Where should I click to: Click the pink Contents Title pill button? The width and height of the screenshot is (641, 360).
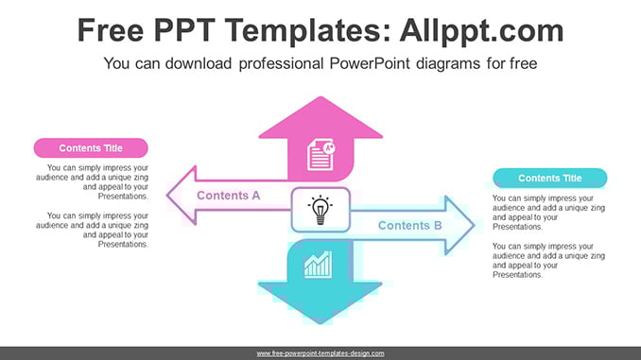[x=91, y=148]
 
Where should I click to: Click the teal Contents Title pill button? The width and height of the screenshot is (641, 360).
[x=550, y=179]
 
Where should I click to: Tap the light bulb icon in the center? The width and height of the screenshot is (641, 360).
[x=320, y=210]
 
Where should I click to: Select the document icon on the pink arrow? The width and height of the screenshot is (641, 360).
[x=321, y=155]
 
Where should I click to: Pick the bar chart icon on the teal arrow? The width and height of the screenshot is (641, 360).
[x=318, y=265]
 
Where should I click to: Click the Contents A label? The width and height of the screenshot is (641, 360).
[x=229, y=196]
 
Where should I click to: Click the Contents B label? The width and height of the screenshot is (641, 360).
[x=410, y=225]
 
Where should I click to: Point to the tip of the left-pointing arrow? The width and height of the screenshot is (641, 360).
[x=166, y=196]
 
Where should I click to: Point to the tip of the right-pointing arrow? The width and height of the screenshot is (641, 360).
[x=475, y=225]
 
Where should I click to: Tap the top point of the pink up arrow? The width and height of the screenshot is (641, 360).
[x=320, y=97]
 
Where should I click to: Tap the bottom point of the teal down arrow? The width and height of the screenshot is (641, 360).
[x=320, y=324]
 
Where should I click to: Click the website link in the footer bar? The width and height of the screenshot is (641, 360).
[x=320, y=353]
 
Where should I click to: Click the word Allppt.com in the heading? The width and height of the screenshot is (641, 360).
[x=481, y=30]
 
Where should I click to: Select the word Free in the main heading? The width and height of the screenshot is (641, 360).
[x=111, y=30]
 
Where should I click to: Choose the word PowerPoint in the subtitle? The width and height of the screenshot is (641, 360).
[x=370, y=63]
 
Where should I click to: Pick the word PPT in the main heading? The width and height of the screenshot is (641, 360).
[x=184, y=30]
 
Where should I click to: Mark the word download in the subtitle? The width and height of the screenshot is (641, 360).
[x=199, y=63]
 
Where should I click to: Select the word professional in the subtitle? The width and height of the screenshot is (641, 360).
[x=281, y=63]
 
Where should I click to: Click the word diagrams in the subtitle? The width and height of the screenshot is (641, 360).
[x=448, y=63]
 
